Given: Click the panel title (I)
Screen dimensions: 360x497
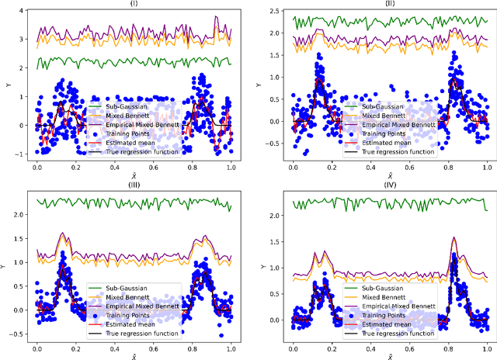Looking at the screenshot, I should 134,4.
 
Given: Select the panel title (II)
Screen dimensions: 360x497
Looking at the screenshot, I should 389,4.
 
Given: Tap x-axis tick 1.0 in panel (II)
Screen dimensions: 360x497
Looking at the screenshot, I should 486,168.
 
